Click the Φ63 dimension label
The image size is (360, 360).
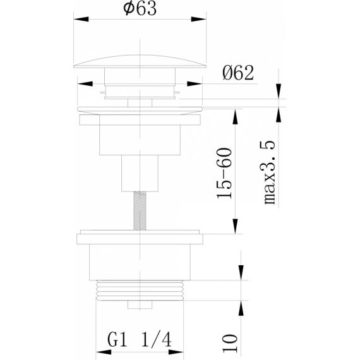tap(140, 8)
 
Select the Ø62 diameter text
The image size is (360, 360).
tap(238, 73)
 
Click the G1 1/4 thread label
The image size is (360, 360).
tap(140, 340)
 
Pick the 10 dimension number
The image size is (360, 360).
tap(230, 343)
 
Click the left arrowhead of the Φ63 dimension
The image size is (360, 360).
tap(81, 19)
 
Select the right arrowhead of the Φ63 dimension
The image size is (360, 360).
tap(198, 19)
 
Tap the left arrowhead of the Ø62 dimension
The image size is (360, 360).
tap(85, 84)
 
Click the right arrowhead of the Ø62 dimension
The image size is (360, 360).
tap(195, 84)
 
